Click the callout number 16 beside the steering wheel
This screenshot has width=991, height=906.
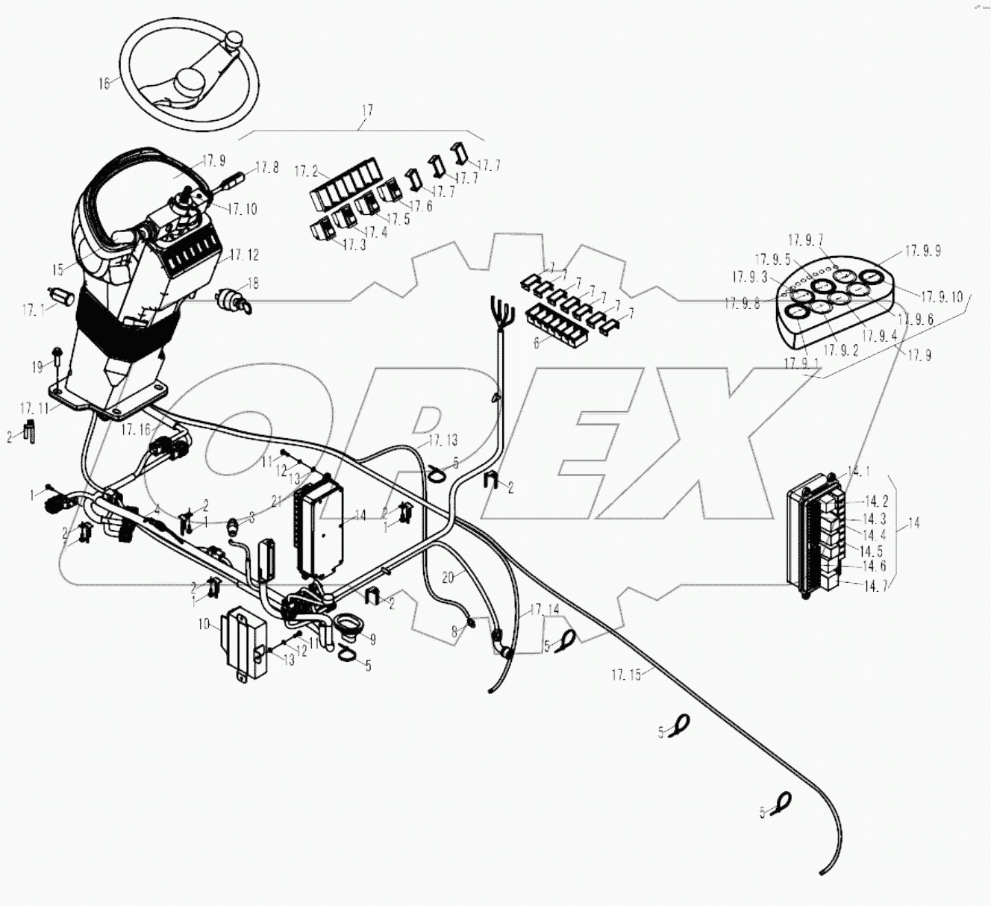[104, 84]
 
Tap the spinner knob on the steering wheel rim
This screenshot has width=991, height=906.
[237, 38]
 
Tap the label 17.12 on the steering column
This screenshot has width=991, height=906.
[244, 255]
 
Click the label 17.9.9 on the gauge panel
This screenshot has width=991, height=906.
[923, 252]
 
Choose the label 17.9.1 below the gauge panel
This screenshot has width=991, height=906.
[799, 363]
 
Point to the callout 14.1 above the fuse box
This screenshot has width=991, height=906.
[858, 472]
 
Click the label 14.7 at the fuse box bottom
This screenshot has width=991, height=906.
[876, 587]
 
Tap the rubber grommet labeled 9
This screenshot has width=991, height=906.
[348, 625]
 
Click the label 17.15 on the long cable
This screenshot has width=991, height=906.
[626, 675]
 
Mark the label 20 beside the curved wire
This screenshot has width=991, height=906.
[448, 577]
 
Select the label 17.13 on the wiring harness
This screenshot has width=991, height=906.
[443, 441]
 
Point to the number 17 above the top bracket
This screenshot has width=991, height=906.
[366, 111]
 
